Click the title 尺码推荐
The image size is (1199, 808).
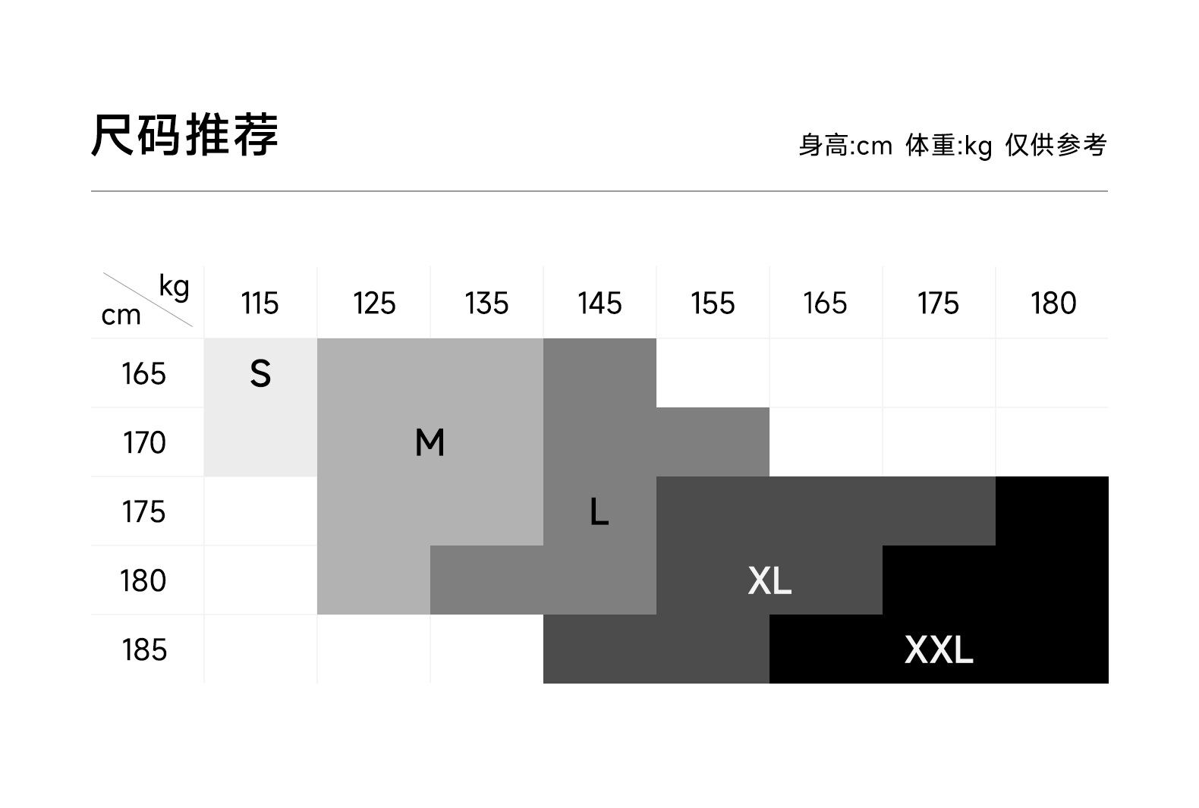click(184, 135)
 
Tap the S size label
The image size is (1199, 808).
click(260, 373)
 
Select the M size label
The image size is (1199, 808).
click(430, 442)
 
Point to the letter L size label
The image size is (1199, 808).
click(599, 511)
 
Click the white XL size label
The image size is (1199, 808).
click(769, 581)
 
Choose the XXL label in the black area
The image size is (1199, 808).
click(939, 650)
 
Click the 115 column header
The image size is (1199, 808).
click(260, 303)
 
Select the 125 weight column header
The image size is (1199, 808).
click(374, 303)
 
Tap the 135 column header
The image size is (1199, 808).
click(486, 303)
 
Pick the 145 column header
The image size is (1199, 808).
click(599, 303)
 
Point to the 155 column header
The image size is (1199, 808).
click(713, 303)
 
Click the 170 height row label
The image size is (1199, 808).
click(144, 442)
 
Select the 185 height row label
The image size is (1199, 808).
click(144, 650)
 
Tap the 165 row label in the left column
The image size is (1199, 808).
click(144, 373)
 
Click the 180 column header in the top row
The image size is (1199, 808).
click(1053, 303)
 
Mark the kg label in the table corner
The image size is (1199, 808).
click(174, 287)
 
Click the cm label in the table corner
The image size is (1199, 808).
click(121, 315)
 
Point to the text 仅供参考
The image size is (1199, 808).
click(1056, 145)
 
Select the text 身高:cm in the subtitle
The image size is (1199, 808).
click(845, 145)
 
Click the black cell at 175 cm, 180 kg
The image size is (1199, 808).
click(1053, 511)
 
